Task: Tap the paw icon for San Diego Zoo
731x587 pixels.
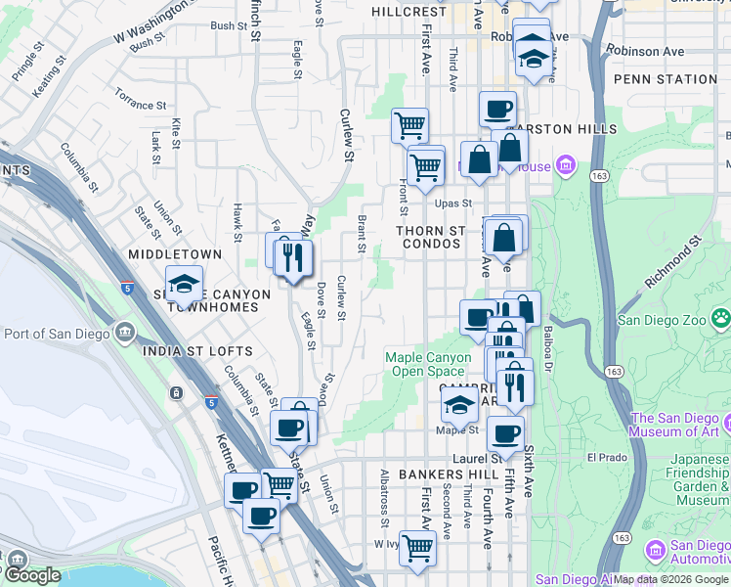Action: (x=721, y=318)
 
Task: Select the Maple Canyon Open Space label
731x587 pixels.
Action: (x=428, y=364)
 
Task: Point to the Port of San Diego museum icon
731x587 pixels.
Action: (x=124, y=333)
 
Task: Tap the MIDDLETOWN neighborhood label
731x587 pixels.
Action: (x=175, y=253)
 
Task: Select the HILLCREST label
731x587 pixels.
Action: (x=408, y=12)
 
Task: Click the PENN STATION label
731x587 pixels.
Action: (x=666, y=78)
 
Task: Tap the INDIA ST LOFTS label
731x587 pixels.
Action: (x=197, y=350)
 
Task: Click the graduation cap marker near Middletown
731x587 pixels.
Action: (x=184, y=284)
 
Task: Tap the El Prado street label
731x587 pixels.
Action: (x=605, y=457)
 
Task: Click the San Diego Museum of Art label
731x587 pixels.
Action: (x=675, y=424)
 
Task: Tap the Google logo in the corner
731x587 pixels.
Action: (x=31, y=575)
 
